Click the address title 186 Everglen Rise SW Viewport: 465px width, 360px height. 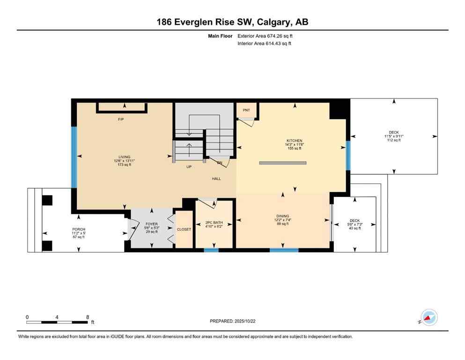click(x=232, y=22)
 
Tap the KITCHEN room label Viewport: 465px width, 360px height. click(x=295, y=141)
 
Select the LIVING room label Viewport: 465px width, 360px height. click(x=124, y=157)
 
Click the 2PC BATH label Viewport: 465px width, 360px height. click(x=214, y=222)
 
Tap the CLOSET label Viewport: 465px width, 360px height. click(x=184, y=230)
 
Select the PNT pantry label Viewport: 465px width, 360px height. click(x=246, y=110)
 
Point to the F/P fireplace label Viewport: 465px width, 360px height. click(x=121, y=120)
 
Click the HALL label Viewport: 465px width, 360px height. click(x=216, y=179)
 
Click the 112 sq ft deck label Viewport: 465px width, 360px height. click(x=394, y=140)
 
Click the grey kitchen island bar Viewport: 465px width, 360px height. click(x=283, y=163)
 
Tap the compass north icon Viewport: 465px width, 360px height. click(x=428, y=318)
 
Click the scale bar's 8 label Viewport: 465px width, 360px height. click(x=88, y=317)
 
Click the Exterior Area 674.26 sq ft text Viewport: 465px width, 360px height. click(x=266, y=36)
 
